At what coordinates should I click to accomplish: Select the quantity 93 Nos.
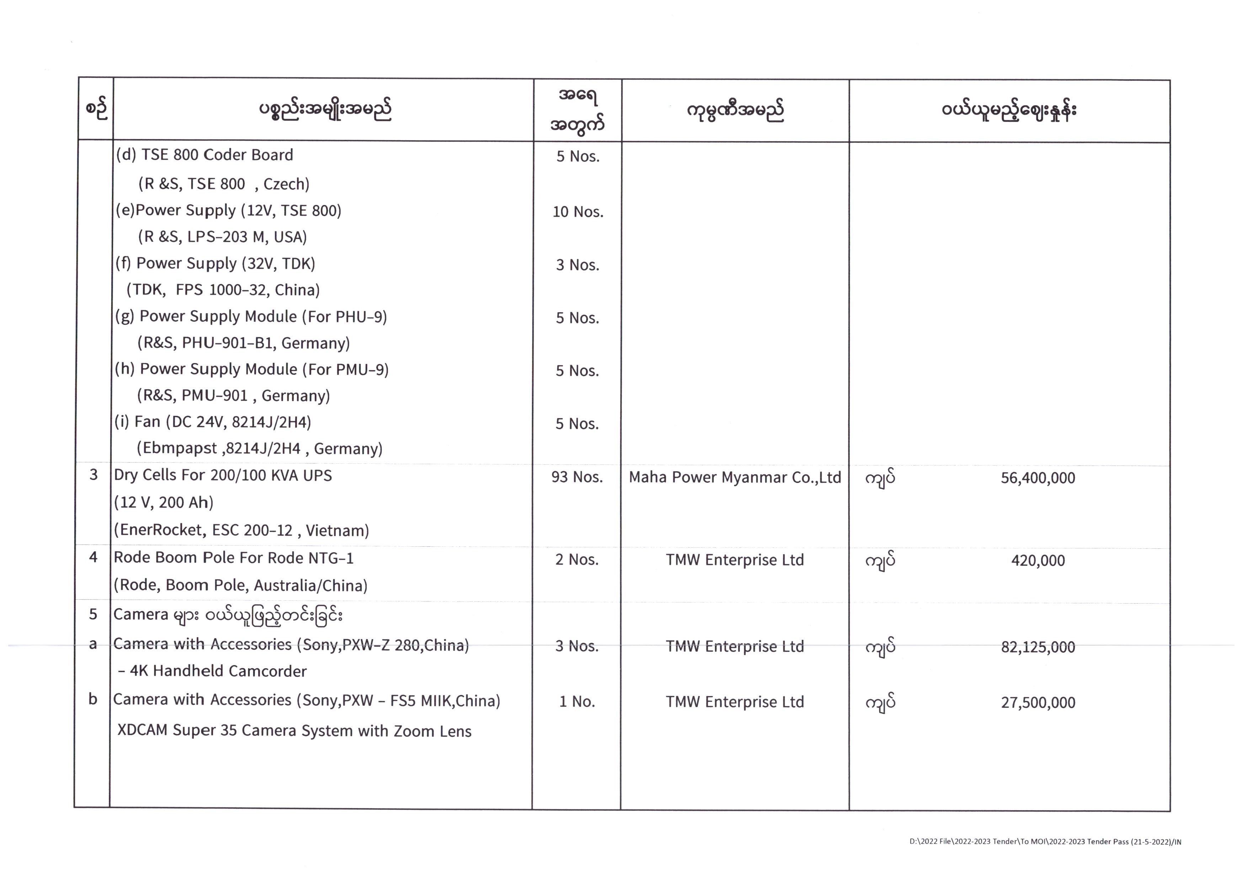577,477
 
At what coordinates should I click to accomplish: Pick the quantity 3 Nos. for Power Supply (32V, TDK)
577,265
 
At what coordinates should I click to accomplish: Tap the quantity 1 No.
577,702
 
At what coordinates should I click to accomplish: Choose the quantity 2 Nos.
577,560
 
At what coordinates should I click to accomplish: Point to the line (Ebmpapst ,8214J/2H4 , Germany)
259,448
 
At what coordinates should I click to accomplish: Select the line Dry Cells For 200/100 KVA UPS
223,475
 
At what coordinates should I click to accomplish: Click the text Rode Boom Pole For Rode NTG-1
234,558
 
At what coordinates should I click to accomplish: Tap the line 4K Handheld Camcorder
213,671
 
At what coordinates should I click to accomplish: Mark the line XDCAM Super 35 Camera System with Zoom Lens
294,730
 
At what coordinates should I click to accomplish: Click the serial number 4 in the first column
94,557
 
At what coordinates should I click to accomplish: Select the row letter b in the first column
93,699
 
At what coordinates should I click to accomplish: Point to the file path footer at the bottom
1045,842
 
